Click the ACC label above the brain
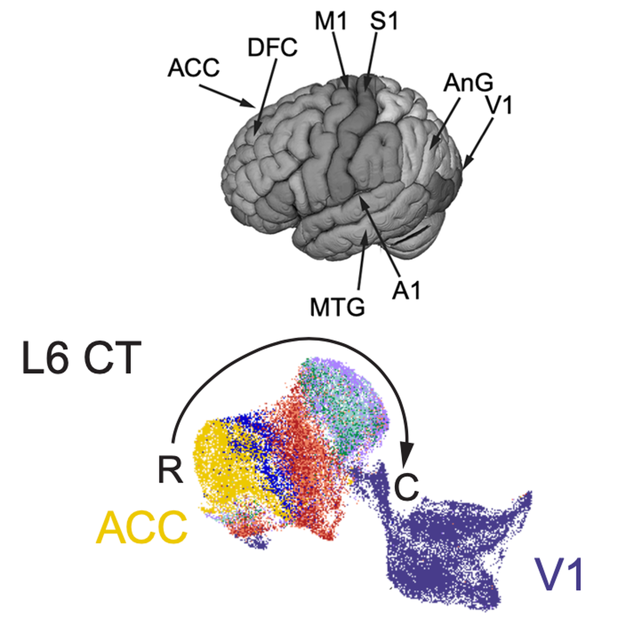[x=193, y=68]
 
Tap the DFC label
[x=272, y=48]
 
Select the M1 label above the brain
[x=331, y=21]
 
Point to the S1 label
[x=384, y=21]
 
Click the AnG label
[x=468, y=83]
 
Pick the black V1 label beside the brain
[x=499, y=105]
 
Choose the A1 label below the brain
[x=406, y=290]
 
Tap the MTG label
[x=338, y=308]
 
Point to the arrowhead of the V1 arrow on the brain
[x=466, y=165]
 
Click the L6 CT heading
[x=81, y=358]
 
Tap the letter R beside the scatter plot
[x=170, y=469]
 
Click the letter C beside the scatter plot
[x=406, y=486]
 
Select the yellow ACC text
[x=142, y=528]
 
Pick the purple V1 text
[x=560, y=575]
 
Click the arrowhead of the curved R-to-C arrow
[x=408, y=454]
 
